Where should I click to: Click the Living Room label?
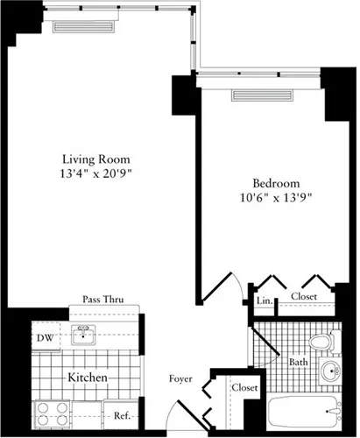tap(96, 159)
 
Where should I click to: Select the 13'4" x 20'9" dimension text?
tap(96, 174)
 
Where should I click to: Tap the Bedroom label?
tap(271, 183)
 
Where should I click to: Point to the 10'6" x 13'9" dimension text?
tap(271, 198)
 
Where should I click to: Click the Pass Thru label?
tap(102, 300)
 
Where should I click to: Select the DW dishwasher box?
tap(44, 337)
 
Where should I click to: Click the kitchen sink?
tap(85, 334)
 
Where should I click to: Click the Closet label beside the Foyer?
tap(244, 387)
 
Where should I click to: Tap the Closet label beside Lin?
tap(305, 297)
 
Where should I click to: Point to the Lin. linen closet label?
tap(264, 300)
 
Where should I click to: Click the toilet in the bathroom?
tap(321, 341)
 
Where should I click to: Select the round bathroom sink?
tap(331, 371)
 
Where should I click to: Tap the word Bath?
tap(298, 361)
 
